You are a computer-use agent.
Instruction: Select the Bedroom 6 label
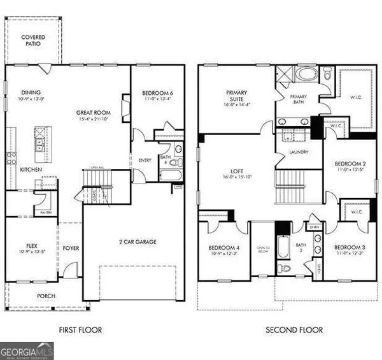(157, 93)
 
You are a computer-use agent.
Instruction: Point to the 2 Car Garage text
(138, 241)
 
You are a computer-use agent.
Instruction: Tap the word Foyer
(71, 248)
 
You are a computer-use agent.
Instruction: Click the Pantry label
(45, 212)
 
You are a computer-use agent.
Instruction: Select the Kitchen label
(31, 170)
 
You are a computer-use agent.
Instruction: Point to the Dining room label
(31, 92)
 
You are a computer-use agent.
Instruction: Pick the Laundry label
(298, 152)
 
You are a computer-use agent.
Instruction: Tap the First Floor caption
(80, 330)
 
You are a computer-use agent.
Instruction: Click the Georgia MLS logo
(27, 350)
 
